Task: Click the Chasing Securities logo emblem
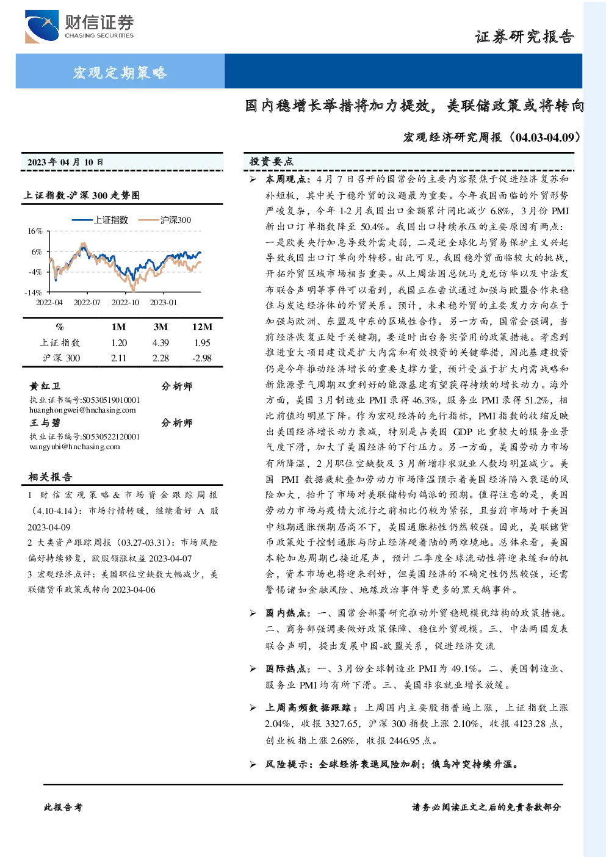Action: click(42, 26)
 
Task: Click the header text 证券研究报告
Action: click(524, 37)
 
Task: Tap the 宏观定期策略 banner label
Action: click(120, 72)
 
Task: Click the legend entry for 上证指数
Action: click(100, 220)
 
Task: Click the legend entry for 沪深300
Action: click(165, 220)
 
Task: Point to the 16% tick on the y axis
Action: click(35, 231)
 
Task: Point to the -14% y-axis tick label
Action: click(34, 292)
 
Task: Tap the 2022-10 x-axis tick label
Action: click(125, 303)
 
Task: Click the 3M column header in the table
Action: click(161, 327)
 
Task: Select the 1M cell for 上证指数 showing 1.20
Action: click(119, 343)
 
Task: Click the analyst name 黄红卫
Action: click(45, 386)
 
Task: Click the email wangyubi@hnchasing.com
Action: click(74, 447)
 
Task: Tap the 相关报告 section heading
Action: click(50, 477)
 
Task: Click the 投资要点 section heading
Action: click(271, 162)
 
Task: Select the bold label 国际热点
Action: click(286, 668)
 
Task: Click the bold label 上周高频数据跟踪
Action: click(308, 708)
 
